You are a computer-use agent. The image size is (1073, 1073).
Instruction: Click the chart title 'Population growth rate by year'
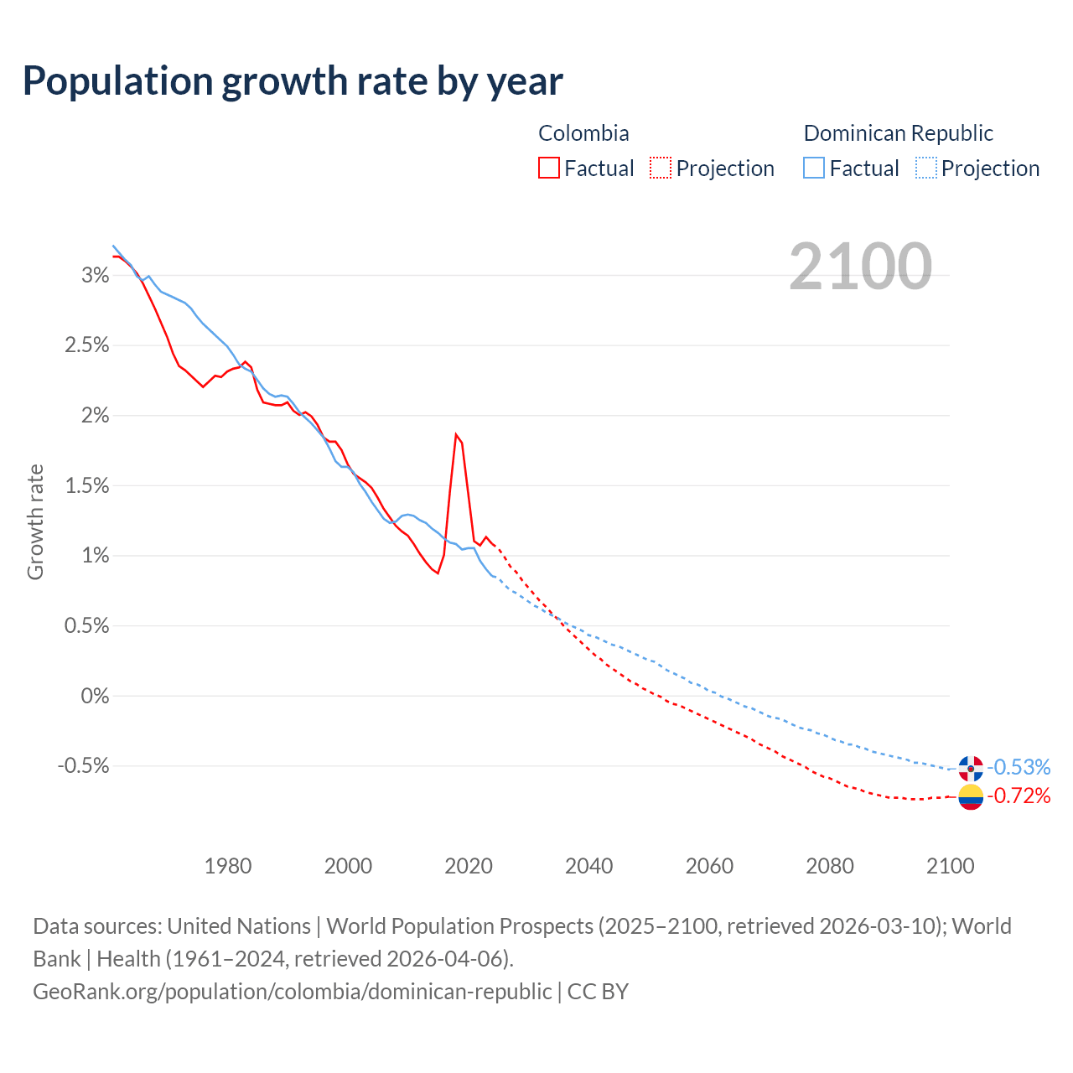(293, 81)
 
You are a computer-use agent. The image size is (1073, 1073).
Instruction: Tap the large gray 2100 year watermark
(860, 267)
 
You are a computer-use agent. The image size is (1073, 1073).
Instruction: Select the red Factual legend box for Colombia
(549, 168)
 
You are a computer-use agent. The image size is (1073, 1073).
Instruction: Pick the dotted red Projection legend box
(661, 168)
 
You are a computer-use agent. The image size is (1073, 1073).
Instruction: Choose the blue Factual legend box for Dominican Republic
(814, 168)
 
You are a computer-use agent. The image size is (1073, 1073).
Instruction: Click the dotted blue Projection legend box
(925, 168)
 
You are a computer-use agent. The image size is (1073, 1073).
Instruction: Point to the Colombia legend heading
(583, 133)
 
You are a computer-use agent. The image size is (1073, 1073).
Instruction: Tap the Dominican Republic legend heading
(898, 133)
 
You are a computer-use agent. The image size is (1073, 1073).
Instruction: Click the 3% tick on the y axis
(96, 276)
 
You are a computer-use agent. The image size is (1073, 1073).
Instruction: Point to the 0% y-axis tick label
(96, 696)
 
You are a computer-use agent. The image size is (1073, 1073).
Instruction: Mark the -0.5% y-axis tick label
(84, 766)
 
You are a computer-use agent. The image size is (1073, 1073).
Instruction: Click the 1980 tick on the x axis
(228, 866)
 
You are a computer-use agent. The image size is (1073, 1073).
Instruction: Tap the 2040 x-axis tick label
(589, 866)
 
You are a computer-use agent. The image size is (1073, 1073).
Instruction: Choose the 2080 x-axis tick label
(830, 866)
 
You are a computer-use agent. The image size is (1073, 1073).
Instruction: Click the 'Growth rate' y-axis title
(35, 521)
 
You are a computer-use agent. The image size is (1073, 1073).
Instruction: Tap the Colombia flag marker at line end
(971, 796)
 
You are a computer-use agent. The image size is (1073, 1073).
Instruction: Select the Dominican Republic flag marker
(971, 768)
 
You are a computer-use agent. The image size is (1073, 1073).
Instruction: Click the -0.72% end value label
(1019, 796)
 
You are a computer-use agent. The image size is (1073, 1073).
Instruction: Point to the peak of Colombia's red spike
(456, 434)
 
